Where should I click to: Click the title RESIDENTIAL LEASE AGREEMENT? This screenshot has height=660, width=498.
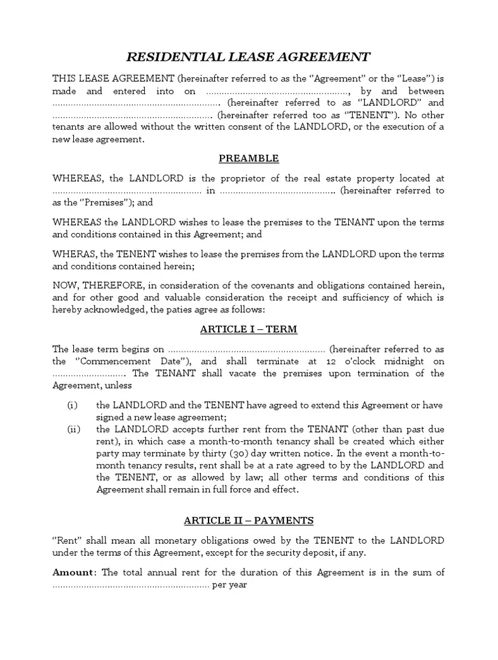[x=248, y=57]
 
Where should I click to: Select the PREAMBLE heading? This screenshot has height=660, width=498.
[x=248, y=159]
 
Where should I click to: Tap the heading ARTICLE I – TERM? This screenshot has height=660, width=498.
[x=248, y=329]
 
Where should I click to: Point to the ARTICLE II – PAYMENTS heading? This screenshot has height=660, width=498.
[x=248, y=520]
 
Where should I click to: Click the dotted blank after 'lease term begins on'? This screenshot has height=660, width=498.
[x=246, y=350]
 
